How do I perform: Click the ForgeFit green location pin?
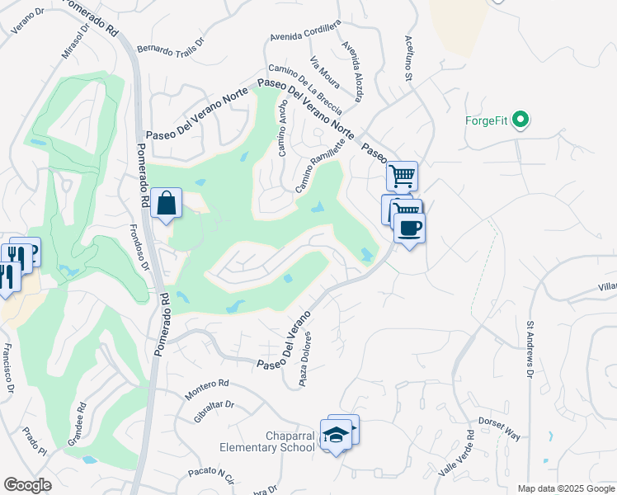(x=520, y=121)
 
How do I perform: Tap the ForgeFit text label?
(x=487, y=121)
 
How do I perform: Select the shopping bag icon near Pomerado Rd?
(x=166, y=203)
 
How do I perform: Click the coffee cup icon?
(x=408, y=228)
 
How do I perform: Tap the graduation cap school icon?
(x=337, y=436)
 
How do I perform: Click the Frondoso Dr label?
(x=141, y=249)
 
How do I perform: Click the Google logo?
(x=27, y=485)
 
